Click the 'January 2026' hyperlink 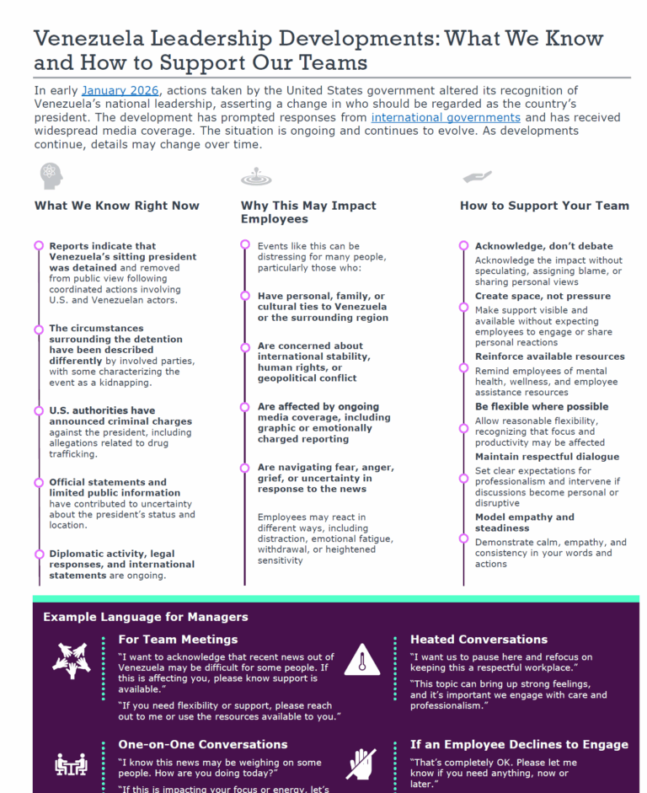(x=117, y=90)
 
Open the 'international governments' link (x=446, y=117)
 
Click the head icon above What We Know (x=51, y=176)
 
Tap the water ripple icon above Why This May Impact (x=256, y=177)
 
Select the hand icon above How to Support (x=477, y=177)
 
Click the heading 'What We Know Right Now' (x=117, y=206)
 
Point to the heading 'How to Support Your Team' (x=544, y=206)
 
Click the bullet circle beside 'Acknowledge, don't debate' (x=463, y=246)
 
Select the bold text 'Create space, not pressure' (x=543, y=296)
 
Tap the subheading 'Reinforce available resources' (x=549, y=356)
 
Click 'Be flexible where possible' (x=541, y=406)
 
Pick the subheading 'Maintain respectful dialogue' (x=547, y=457)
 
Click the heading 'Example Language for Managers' (x=146, y=617)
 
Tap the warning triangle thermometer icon (x=362, y=660)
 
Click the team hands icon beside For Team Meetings (x=71, y=660)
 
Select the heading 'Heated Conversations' (x=479, y=640)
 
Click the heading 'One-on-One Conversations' (x=202, y=744)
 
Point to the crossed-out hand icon (x=361, y=763)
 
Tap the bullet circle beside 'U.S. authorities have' (x=39, y=410)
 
